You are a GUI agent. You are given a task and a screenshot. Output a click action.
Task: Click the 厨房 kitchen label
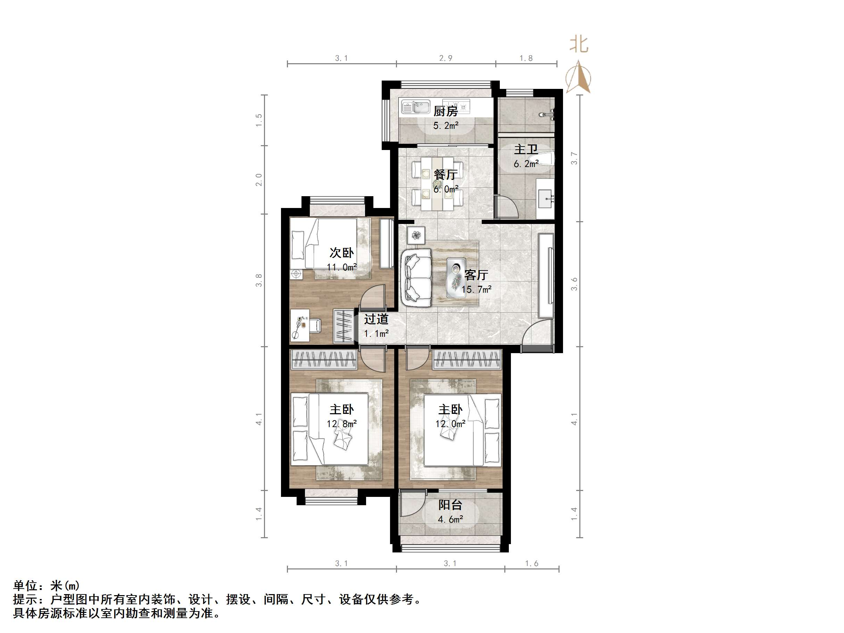445,111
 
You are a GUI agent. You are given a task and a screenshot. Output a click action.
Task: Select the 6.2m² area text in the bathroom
526,164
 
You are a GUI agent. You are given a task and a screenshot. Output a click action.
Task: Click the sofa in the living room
417,277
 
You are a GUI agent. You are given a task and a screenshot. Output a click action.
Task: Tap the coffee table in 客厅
456,277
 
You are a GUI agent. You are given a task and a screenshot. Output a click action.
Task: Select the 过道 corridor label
376,319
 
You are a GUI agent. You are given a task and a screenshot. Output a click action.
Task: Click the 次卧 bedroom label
341,252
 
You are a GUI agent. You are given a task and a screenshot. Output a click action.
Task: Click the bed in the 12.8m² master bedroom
330,429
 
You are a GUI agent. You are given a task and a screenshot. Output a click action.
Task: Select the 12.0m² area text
450,424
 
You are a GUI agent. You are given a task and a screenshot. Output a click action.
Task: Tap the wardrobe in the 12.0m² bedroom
466,360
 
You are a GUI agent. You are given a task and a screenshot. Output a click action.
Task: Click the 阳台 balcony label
450,505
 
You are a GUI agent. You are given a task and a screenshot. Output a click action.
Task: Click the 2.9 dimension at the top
445,58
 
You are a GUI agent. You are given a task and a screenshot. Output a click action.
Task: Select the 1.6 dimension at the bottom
531,564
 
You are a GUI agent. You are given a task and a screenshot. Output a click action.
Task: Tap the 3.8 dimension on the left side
259,280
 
